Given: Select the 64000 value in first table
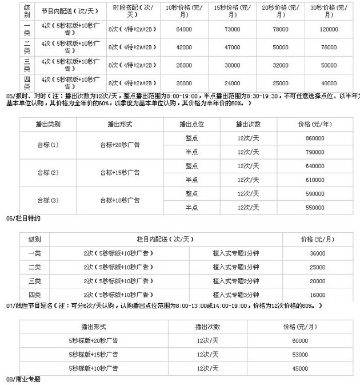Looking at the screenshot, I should click(179, 29).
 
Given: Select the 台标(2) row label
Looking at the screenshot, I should click(48, 172).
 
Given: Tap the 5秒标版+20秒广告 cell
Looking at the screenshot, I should click(91, 340).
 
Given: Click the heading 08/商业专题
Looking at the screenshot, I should click(23, 379).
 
